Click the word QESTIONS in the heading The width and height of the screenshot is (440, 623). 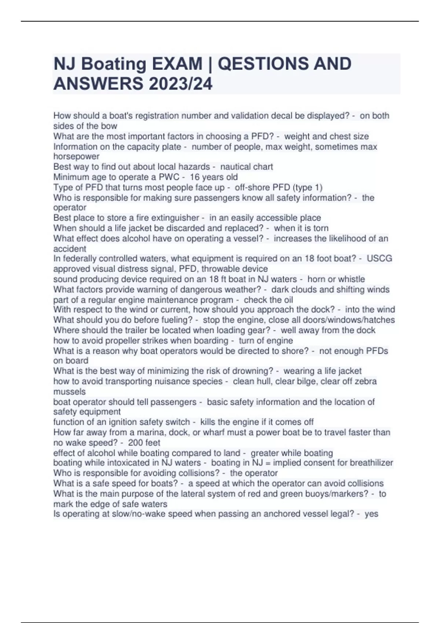[x=259, y=64]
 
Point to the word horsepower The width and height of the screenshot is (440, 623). [x=76, y=156]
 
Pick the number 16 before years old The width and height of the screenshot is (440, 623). [x=195, y=177]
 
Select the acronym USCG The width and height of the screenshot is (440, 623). [x=379, y=258]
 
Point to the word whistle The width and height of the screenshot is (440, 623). [x=349, y=279]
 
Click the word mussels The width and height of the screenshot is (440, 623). [x=69, y=392]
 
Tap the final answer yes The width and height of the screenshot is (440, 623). [x=371, y=514]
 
